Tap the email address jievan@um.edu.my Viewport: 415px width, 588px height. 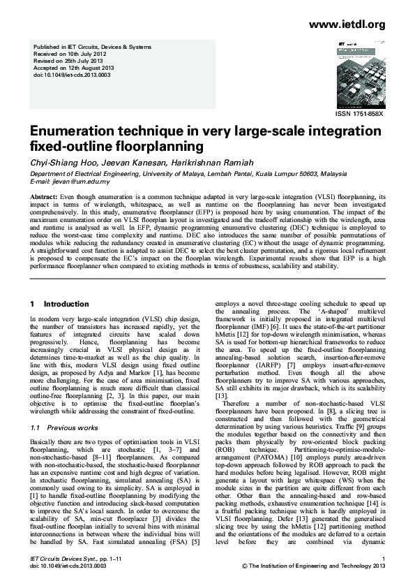pos(77,181)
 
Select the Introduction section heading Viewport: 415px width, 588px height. pos(63,304)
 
